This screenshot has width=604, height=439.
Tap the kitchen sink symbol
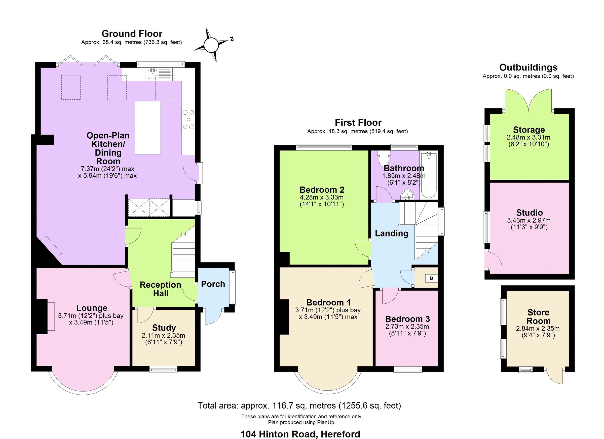coord(152,74)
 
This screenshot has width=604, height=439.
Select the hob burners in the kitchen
coord(188,120)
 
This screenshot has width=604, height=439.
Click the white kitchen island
coord(148,128)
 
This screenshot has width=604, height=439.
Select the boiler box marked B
coord(431,278)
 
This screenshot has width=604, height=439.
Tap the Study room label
coord(164,328)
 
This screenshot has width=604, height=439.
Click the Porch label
coord(213,284)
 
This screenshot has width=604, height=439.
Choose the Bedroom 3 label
coord(407,319)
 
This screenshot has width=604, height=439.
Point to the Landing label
coord(392,233)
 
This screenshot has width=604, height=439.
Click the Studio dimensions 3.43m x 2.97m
coord(529,220)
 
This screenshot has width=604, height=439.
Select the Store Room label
coord(538,316)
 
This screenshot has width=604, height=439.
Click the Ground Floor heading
coord(132,34)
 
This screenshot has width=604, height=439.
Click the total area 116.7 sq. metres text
coord(299,406)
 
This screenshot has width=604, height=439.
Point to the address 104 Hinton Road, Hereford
coord(300,434)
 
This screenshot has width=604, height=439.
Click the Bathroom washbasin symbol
coord(407,195)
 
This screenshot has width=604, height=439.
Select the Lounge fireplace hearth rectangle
coord(51,316)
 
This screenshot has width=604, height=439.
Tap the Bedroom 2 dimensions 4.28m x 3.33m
coord(322,197)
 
